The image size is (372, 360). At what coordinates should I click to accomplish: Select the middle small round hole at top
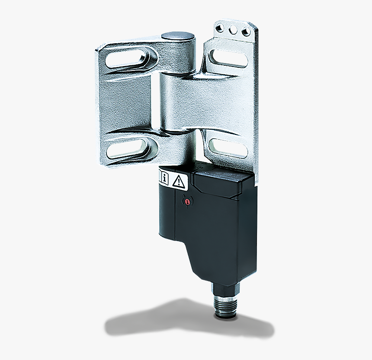pyautogui.click(x=234, y=30)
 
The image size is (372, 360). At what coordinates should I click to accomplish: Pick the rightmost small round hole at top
pyautogui.click(x=246, y=32)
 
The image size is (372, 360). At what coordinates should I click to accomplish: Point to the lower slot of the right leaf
pyautogui.click(x=228, y=148)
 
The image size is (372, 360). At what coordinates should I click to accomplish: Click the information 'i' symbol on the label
pyautogui.click(x=165, y=178)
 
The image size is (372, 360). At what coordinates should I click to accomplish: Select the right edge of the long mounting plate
pyautogui.click(x=256, y=108)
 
